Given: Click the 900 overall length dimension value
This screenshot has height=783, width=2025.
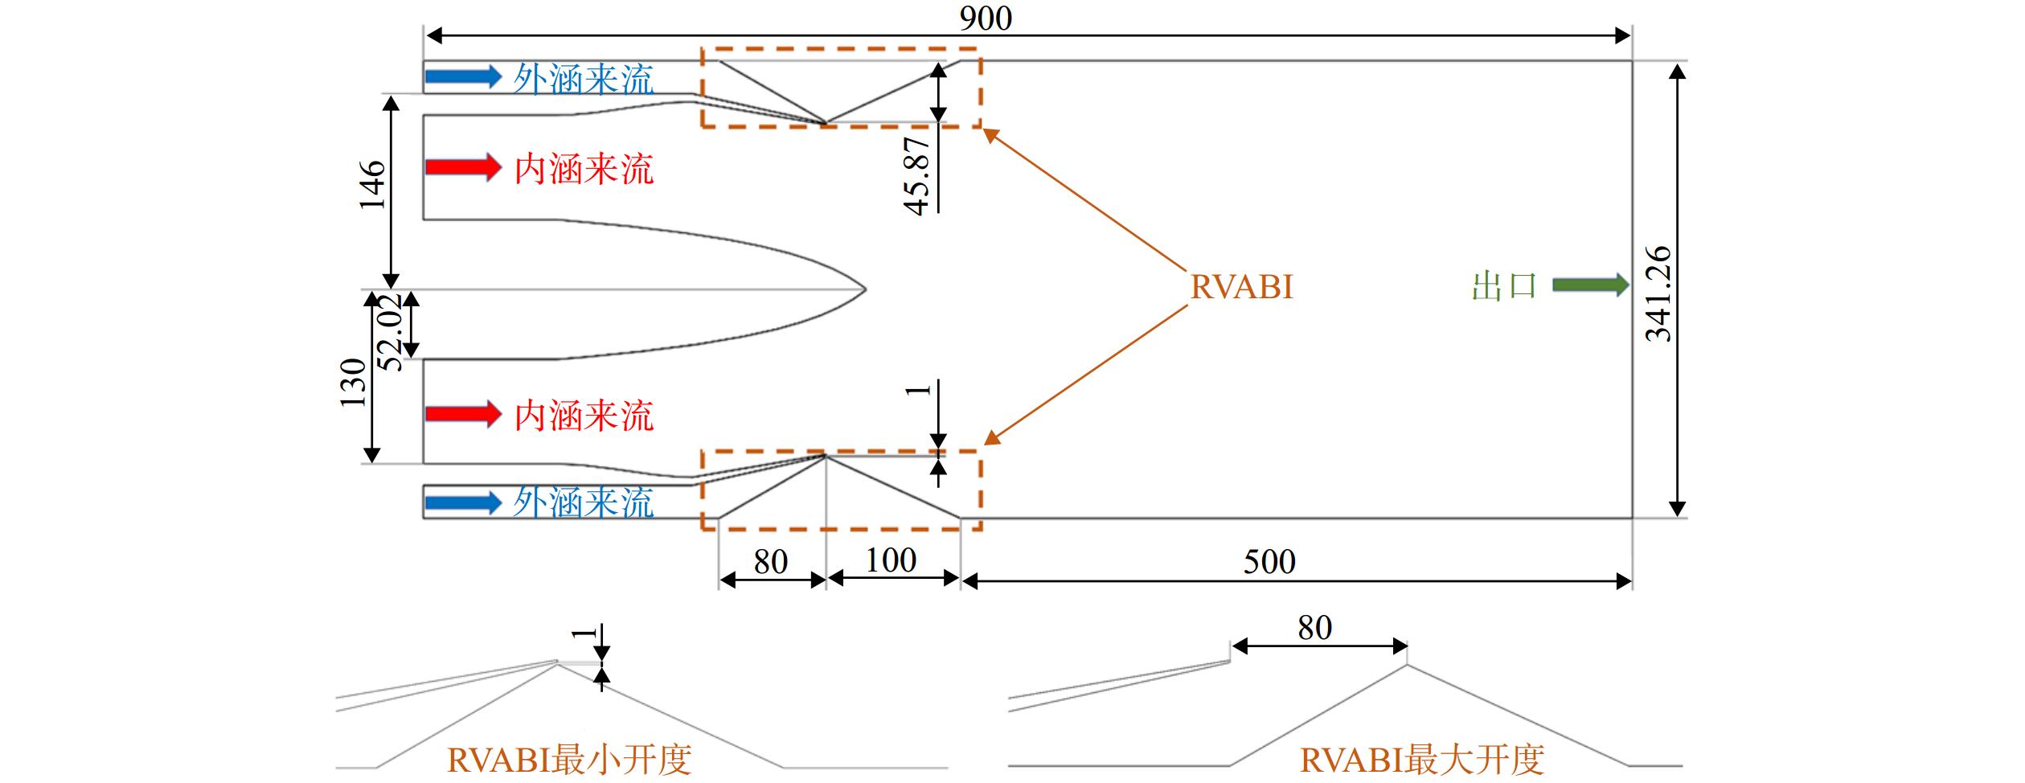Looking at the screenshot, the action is coord(986,18).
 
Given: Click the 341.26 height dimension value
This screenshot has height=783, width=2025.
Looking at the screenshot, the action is coord(1658,294).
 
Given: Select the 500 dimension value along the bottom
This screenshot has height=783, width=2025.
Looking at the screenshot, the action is coord(1269,561).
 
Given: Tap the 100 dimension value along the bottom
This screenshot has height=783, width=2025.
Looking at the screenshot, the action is coord(891,560).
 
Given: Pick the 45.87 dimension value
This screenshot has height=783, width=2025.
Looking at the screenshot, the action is coord(917,174).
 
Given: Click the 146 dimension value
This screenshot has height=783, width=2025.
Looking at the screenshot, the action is coord(372,185).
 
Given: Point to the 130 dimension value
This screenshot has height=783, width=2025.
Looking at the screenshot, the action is coord(353,383).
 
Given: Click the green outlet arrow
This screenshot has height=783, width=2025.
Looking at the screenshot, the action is coord(1591,285).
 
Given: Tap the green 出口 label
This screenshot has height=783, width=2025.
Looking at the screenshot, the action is coord(1504,286).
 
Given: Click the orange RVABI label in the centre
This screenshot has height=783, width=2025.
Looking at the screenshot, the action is coord(1241,287).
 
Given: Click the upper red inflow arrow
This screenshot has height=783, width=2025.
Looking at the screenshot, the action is coord(464,167).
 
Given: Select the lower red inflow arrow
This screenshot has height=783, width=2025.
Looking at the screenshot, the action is coord(464,414).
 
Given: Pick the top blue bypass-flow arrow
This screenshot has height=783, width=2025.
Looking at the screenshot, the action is coord(464,76).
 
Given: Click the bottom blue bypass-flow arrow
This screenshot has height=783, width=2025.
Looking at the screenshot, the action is coord(464,503).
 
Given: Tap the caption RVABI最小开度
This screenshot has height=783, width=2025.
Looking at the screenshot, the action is coord(569,759).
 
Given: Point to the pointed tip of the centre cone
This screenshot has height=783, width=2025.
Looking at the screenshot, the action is coord(866,289).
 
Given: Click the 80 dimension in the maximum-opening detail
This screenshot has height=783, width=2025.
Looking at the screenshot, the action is coord(1314,627).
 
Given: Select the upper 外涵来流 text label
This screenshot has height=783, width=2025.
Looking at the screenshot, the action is coord(584,80).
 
